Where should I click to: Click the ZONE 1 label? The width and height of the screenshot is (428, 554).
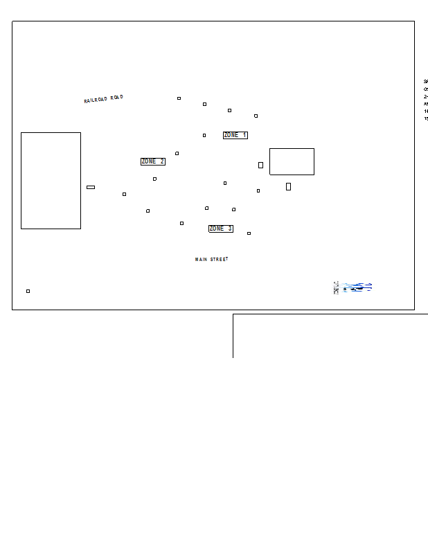[235, 135]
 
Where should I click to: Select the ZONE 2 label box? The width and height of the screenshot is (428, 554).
[153, 161]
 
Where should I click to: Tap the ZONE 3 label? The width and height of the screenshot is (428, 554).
[221, 229]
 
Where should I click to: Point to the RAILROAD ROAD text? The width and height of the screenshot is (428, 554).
[104, 99]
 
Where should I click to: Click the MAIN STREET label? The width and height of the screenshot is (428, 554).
[211, 260]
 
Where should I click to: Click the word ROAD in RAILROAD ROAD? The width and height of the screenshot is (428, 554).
[116, 98]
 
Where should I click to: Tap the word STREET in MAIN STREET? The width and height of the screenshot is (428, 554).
[219, 260]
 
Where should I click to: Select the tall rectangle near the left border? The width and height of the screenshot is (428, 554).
[51, 180]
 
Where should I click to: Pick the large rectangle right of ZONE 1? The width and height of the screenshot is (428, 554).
[292, 161]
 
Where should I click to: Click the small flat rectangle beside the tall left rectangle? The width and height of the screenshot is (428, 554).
[91, 187]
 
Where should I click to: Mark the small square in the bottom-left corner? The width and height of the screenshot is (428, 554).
[28, 291]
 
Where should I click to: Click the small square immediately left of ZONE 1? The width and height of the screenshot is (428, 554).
[204, 135]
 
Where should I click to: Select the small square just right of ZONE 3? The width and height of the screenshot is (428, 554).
[249, 233]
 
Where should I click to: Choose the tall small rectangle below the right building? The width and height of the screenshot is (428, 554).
[288, 186]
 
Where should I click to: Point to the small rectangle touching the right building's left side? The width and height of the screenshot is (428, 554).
[260, 165]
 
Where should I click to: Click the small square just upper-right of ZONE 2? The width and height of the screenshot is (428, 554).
[177, 153]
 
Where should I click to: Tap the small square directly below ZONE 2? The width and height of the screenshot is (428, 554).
[154, 179]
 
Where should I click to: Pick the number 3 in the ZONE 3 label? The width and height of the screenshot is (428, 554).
[230, 229]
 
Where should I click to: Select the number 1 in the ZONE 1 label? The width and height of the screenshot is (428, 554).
[244, 135]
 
